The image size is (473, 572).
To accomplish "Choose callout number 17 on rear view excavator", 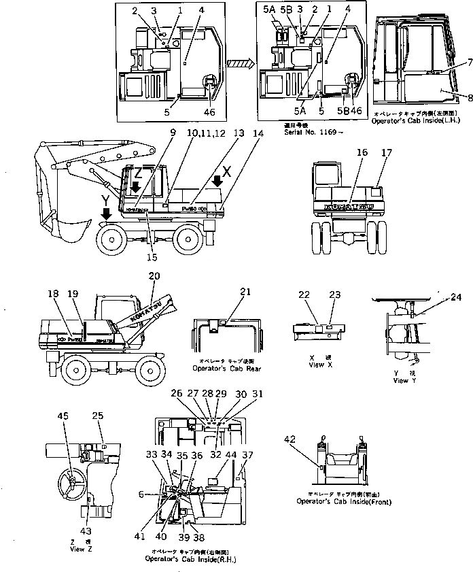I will coord(387,154).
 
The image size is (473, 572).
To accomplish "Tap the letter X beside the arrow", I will coord(227,172).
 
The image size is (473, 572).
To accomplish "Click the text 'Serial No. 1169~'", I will coord(303,132).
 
